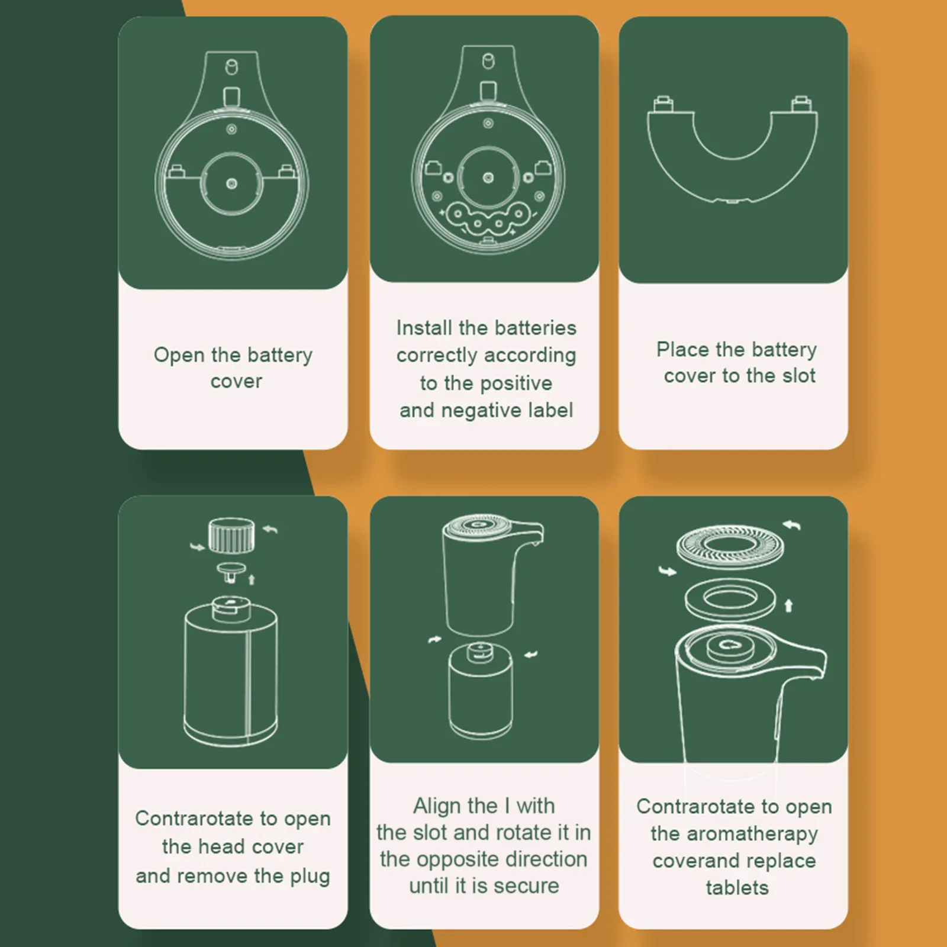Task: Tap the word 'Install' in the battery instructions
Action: [424, 327]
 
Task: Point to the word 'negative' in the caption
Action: [481, 411]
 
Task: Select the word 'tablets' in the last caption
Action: [737, 888]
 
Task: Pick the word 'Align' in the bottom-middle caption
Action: [439, 806]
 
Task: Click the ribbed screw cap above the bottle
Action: [232, 535]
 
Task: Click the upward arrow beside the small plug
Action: [252, 578]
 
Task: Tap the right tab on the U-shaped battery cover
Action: [802, 104]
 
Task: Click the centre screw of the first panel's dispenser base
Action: [232, 184]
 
